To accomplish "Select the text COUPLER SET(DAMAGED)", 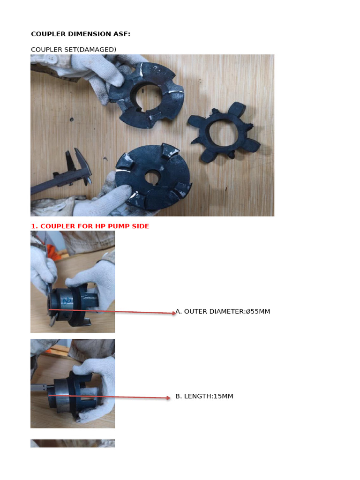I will [74, 49].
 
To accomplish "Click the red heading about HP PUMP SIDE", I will [90, 226].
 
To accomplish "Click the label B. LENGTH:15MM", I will [204, 396].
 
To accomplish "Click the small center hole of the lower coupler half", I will [151, 178].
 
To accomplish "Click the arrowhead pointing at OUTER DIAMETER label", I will [173, 313].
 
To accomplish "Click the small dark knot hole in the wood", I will [72, 120].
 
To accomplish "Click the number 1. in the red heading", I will [34, 226].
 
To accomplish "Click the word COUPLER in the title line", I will [46, 34].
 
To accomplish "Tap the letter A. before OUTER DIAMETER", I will [179, 311].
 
